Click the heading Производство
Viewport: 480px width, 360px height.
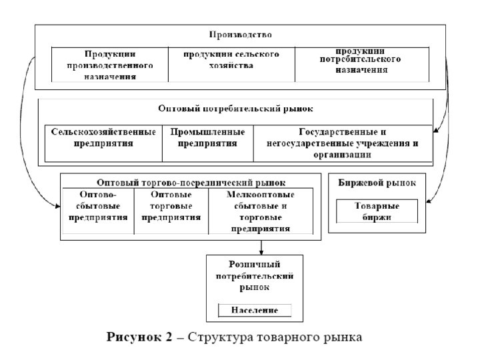point(241,34)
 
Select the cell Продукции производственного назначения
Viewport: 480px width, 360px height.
point(110,65)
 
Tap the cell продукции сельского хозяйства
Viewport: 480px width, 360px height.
point(231,59)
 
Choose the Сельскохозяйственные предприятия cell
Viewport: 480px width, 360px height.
point(103,137)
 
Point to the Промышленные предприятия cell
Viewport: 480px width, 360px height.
point(207,137)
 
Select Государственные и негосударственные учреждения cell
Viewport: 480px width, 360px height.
point(342,143)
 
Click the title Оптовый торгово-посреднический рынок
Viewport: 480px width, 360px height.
point(191,181)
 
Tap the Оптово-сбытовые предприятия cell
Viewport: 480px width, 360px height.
point(98,206)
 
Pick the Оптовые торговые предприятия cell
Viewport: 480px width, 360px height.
point(171,206)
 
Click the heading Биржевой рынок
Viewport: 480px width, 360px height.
point(377,182)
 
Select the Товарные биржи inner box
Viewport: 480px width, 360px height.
point(377,211)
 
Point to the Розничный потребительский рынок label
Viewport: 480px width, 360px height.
point(254,275)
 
